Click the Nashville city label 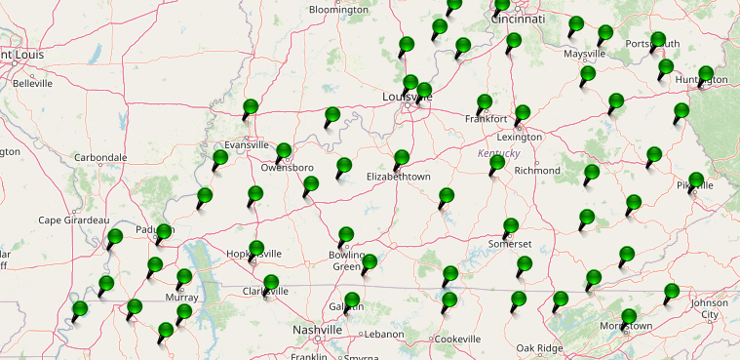pos(318,331)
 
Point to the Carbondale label pos(100,157)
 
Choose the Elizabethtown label pos(398,177)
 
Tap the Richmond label pos(537,171)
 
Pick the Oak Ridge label pos(539,348)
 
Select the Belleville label pos(32,84)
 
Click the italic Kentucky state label pos(499,154)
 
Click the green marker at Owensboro pos(284,152)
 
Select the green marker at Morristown pos(630,317)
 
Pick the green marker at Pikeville pos(696,180)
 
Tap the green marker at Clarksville pos(269,284)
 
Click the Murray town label pos(181,297)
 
